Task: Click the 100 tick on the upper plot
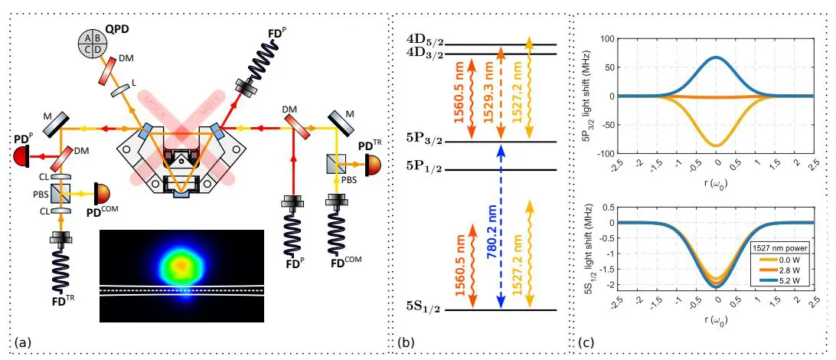tap(607, 38)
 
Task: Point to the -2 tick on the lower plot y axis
tap(609, 285)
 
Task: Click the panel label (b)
tap(403, 342)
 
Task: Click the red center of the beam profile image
tap(181, 264)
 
